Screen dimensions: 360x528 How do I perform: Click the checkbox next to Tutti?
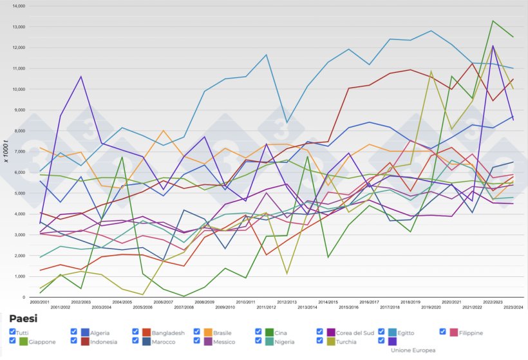(x=13, y=332)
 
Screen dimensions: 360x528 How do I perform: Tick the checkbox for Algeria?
(x=73, y=332)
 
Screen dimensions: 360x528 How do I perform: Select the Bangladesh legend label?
(x=164, y=333)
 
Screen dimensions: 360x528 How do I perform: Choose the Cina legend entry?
(x=281, y=333)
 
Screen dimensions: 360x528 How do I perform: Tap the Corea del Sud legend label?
(x=352, y=333)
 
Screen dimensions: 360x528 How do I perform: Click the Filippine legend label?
(x=466, y=333)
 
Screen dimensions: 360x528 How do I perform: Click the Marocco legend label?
(x=164, y=342)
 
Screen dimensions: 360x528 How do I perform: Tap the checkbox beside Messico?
(x=197, y=341)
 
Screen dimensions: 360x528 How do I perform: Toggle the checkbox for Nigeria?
(x=259, y=341)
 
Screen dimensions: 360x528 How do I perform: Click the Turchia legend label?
(x=348, y=342)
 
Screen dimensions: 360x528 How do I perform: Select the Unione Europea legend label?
(x=412, y=350)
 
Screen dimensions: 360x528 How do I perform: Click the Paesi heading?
(x=23, y=319)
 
